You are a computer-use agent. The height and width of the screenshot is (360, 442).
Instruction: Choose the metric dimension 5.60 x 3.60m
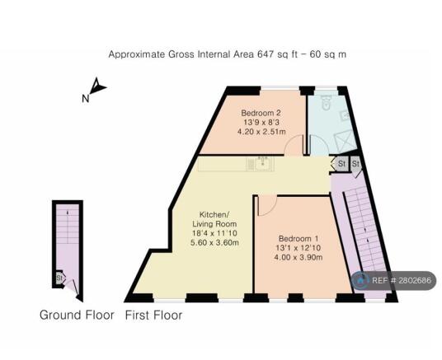(x=215, y=242)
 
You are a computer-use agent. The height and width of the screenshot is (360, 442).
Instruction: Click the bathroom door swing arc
(x=316, y=147)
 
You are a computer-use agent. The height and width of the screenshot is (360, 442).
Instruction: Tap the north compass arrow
(x=97, y=86)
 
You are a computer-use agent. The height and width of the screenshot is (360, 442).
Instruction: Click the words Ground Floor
(x=77, y=315)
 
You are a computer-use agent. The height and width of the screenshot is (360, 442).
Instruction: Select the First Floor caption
(x=153, y=315)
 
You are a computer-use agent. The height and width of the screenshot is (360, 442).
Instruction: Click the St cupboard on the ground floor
(x=60, y=278)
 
